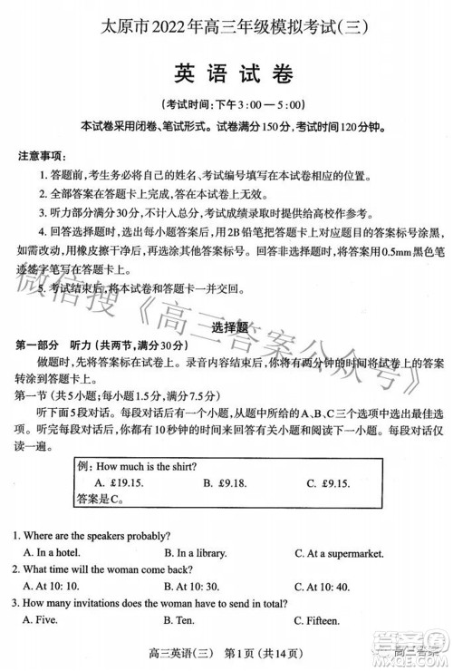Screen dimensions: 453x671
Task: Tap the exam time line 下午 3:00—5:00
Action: tap(227, 103)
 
